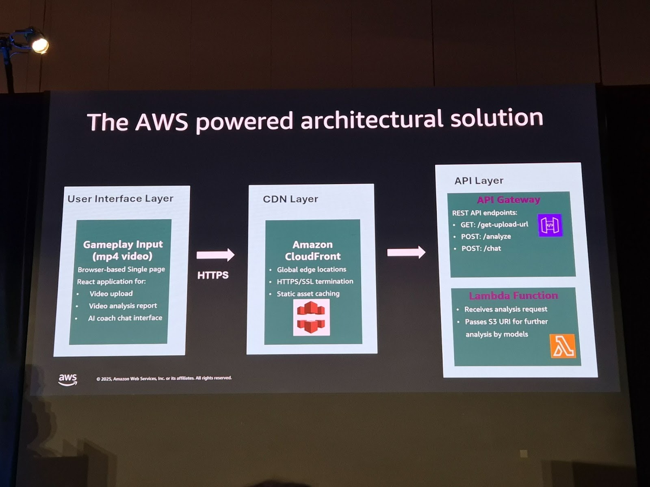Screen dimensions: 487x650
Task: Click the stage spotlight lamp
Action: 39,45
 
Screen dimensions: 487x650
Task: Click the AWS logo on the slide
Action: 67,379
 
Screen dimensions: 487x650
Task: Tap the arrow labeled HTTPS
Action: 215,255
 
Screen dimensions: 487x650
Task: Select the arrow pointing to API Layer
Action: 406,252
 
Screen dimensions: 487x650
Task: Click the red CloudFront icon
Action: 311,317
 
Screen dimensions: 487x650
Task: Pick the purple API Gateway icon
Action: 550,225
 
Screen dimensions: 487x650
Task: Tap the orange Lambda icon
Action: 563,346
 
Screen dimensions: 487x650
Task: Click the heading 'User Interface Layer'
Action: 120,199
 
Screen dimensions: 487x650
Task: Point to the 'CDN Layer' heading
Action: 290,199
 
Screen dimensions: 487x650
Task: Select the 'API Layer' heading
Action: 479,181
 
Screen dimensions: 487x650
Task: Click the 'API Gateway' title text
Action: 509,200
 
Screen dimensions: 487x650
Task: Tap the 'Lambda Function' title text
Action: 513,296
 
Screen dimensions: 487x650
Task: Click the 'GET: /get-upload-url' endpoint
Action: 494,224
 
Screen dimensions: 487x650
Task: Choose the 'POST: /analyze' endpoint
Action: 485,237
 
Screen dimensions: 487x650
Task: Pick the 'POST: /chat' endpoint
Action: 481,248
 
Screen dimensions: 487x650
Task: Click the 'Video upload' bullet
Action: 111,293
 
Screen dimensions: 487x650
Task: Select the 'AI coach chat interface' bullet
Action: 125,318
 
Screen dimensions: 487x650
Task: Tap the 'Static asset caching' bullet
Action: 308,293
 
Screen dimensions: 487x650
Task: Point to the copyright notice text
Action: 164,378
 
